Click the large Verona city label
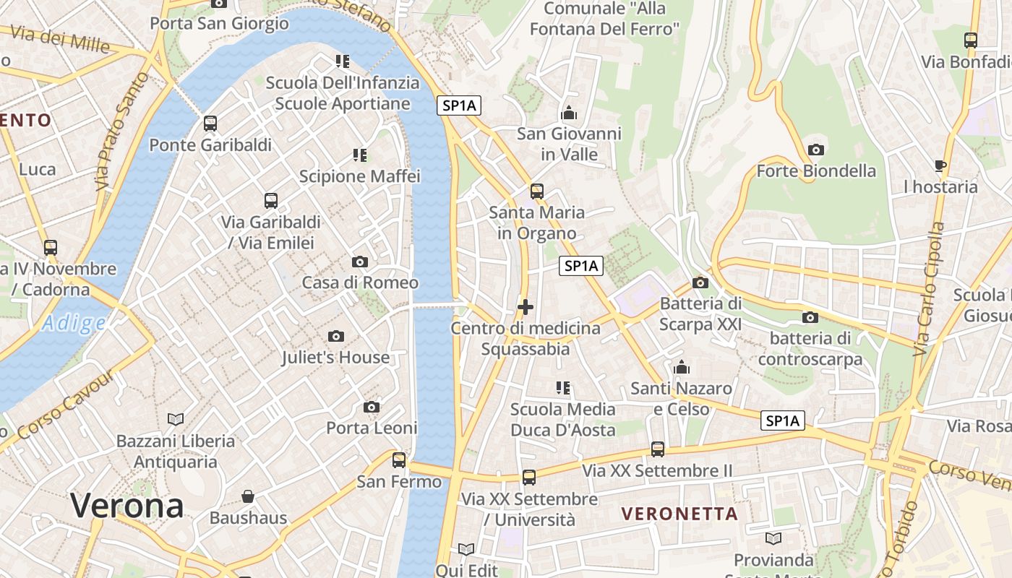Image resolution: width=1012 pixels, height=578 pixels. [x=127, y=506]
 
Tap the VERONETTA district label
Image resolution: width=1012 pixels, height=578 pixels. [x=679, y=514]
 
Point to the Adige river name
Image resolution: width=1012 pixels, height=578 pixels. [x=73, y=324]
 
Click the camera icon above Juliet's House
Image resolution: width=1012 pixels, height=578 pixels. [x=335, y=336]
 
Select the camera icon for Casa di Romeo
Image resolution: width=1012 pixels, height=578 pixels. [x=359, y=262]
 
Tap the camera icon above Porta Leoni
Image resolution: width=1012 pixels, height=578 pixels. [x=372, y=407]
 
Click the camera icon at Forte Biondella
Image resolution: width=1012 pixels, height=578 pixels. [x=815, y=150]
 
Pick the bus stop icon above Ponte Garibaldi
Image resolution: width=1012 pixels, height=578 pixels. [x=210, y=124]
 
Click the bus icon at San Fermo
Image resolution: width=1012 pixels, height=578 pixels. [x=398, y=460]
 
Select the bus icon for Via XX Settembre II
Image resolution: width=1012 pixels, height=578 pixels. [x=657, y=449]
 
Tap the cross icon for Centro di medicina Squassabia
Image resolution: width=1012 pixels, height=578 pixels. [x=526, y=307]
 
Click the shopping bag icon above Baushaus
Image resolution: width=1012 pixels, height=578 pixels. [x=248, y=496]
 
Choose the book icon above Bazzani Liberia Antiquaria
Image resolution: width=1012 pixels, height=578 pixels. [x=176, y=419]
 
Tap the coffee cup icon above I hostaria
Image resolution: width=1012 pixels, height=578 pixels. [x=940, y=165]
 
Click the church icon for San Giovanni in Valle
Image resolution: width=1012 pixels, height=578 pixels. [x=569, y=113]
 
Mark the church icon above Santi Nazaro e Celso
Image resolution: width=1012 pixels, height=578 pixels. [x=681, y=368]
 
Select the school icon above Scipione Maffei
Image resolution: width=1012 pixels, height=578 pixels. [x=359, y=155]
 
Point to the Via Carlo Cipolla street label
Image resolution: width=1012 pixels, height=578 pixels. [x=929, y=289]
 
